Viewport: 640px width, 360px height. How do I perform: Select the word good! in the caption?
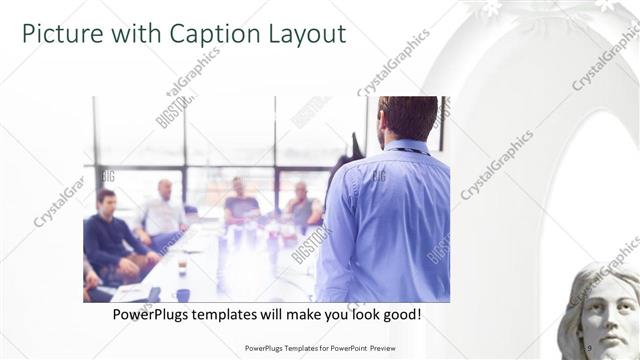(x=400, y=314)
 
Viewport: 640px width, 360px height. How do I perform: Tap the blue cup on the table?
(x=183, y=294)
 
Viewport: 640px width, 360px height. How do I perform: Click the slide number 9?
(x=589, y=348)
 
